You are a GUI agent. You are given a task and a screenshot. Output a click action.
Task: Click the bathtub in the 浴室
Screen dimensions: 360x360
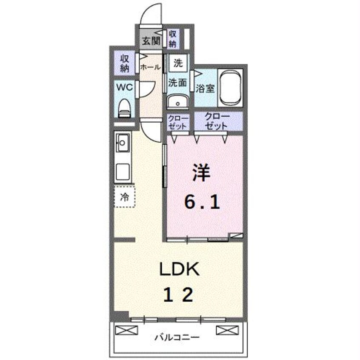point(230,89)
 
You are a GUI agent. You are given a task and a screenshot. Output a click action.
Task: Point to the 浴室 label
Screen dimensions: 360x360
point(205,89)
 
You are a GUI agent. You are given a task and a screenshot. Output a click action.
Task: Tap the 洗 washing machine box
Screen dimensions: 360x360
point(178,64)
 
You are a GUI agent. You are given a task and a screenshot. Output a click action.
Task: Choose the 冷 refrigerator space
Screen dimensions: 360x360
point(125,197)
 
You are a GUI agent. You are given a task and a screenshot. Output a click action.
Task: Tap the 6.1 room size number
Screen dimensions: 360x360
point(202,202)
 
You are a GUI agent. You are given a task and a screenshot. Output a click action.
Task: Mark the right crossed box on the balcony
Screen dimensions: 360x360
point(225,329)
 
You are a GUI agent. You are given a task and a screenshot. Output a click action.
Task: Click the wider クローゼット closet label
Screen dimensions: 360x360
point(217,121)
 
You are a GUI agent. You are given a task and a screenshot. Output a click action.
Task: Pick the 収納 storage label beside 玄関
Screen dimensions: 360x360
point(172,39)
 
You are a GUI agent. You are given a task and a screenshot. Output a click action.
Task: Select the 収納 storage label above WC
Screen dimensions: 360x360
point(124,63)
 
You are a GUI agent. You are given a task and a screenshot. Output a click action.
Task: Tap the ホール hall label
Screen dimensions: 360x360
point(150,67)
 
